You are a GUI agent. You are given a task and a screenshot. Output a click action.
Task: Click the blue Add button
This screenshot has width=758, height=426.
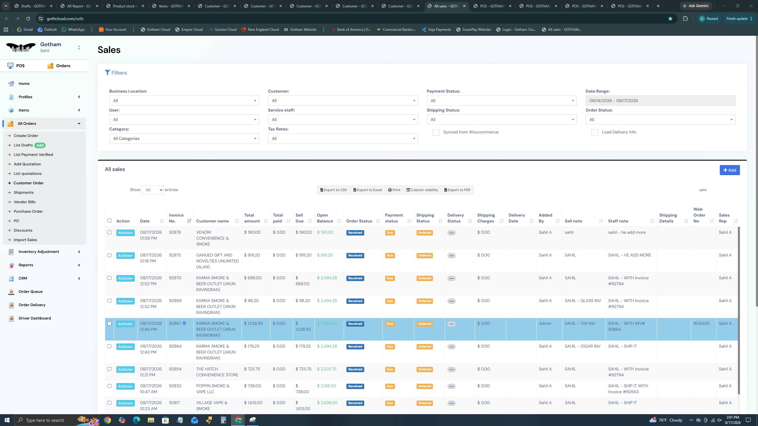coord(730,170)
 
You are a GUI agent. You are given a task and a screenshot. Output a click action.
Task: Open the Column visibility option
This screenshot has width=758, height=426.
coord(422,190)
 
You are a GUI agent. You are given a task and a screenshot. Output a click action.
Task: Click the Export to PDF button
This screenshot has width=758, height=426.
coord(457,190)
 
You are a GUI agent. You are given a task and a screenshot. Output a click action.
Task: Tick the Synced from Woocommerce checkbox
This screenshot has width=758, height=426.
coord(436,133)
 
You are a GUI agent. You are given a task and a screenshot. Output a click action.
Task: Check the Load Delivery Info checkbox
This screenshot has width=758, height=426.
coord(595,133)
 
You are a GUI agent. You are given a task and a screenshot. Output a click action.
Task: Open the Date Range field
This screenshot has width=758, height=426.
coord(660,101)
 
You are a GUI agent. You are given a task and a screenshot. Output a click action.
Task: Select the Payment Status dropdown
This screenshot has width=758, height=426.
coord(502,101)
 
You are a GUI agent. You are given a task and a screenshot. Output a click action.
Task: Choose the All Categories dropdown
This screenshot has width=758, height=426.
coord(184,138)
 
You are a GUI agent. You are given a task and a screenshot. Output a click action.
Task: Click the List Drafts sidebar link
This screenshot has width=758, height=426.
coord(23,145)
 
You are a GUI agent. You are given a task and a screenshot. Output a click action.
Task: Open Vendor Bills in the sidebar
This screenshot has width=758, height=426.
coord(25,202)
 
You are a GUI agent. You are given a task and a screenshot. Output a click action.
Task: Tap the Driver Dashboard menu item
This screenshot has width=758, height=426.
coord(35,318)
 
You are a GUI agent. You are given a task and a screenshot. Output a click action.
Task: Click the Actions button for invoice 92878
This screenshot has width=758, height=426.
coord(125,233)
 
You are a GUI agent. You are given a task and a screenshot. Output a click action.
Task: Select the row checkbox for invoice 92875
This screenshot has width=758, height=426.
coord(109,255)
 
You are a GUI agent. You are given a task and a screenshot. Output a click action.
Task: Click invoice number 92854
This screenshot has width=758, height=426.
coord(175,369)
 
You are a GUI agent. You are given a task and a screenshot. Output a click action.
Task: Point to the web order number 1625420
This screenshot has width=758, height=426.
coord(701,324)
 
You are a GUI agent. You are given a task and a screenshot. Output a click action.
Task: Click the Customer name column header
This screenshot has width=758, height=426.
coord(212,221)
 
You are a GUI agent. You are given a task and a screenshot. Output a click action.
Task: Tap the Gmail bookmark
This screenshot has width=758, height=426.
coord(25,30)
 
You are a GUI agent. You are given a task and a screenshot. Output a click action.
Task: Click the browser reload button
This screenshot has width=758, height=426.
coord(28,19)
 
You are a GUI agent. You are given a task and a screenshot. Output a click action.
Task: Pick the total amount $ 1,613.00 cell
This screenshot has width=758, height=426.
coord(253,403)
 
